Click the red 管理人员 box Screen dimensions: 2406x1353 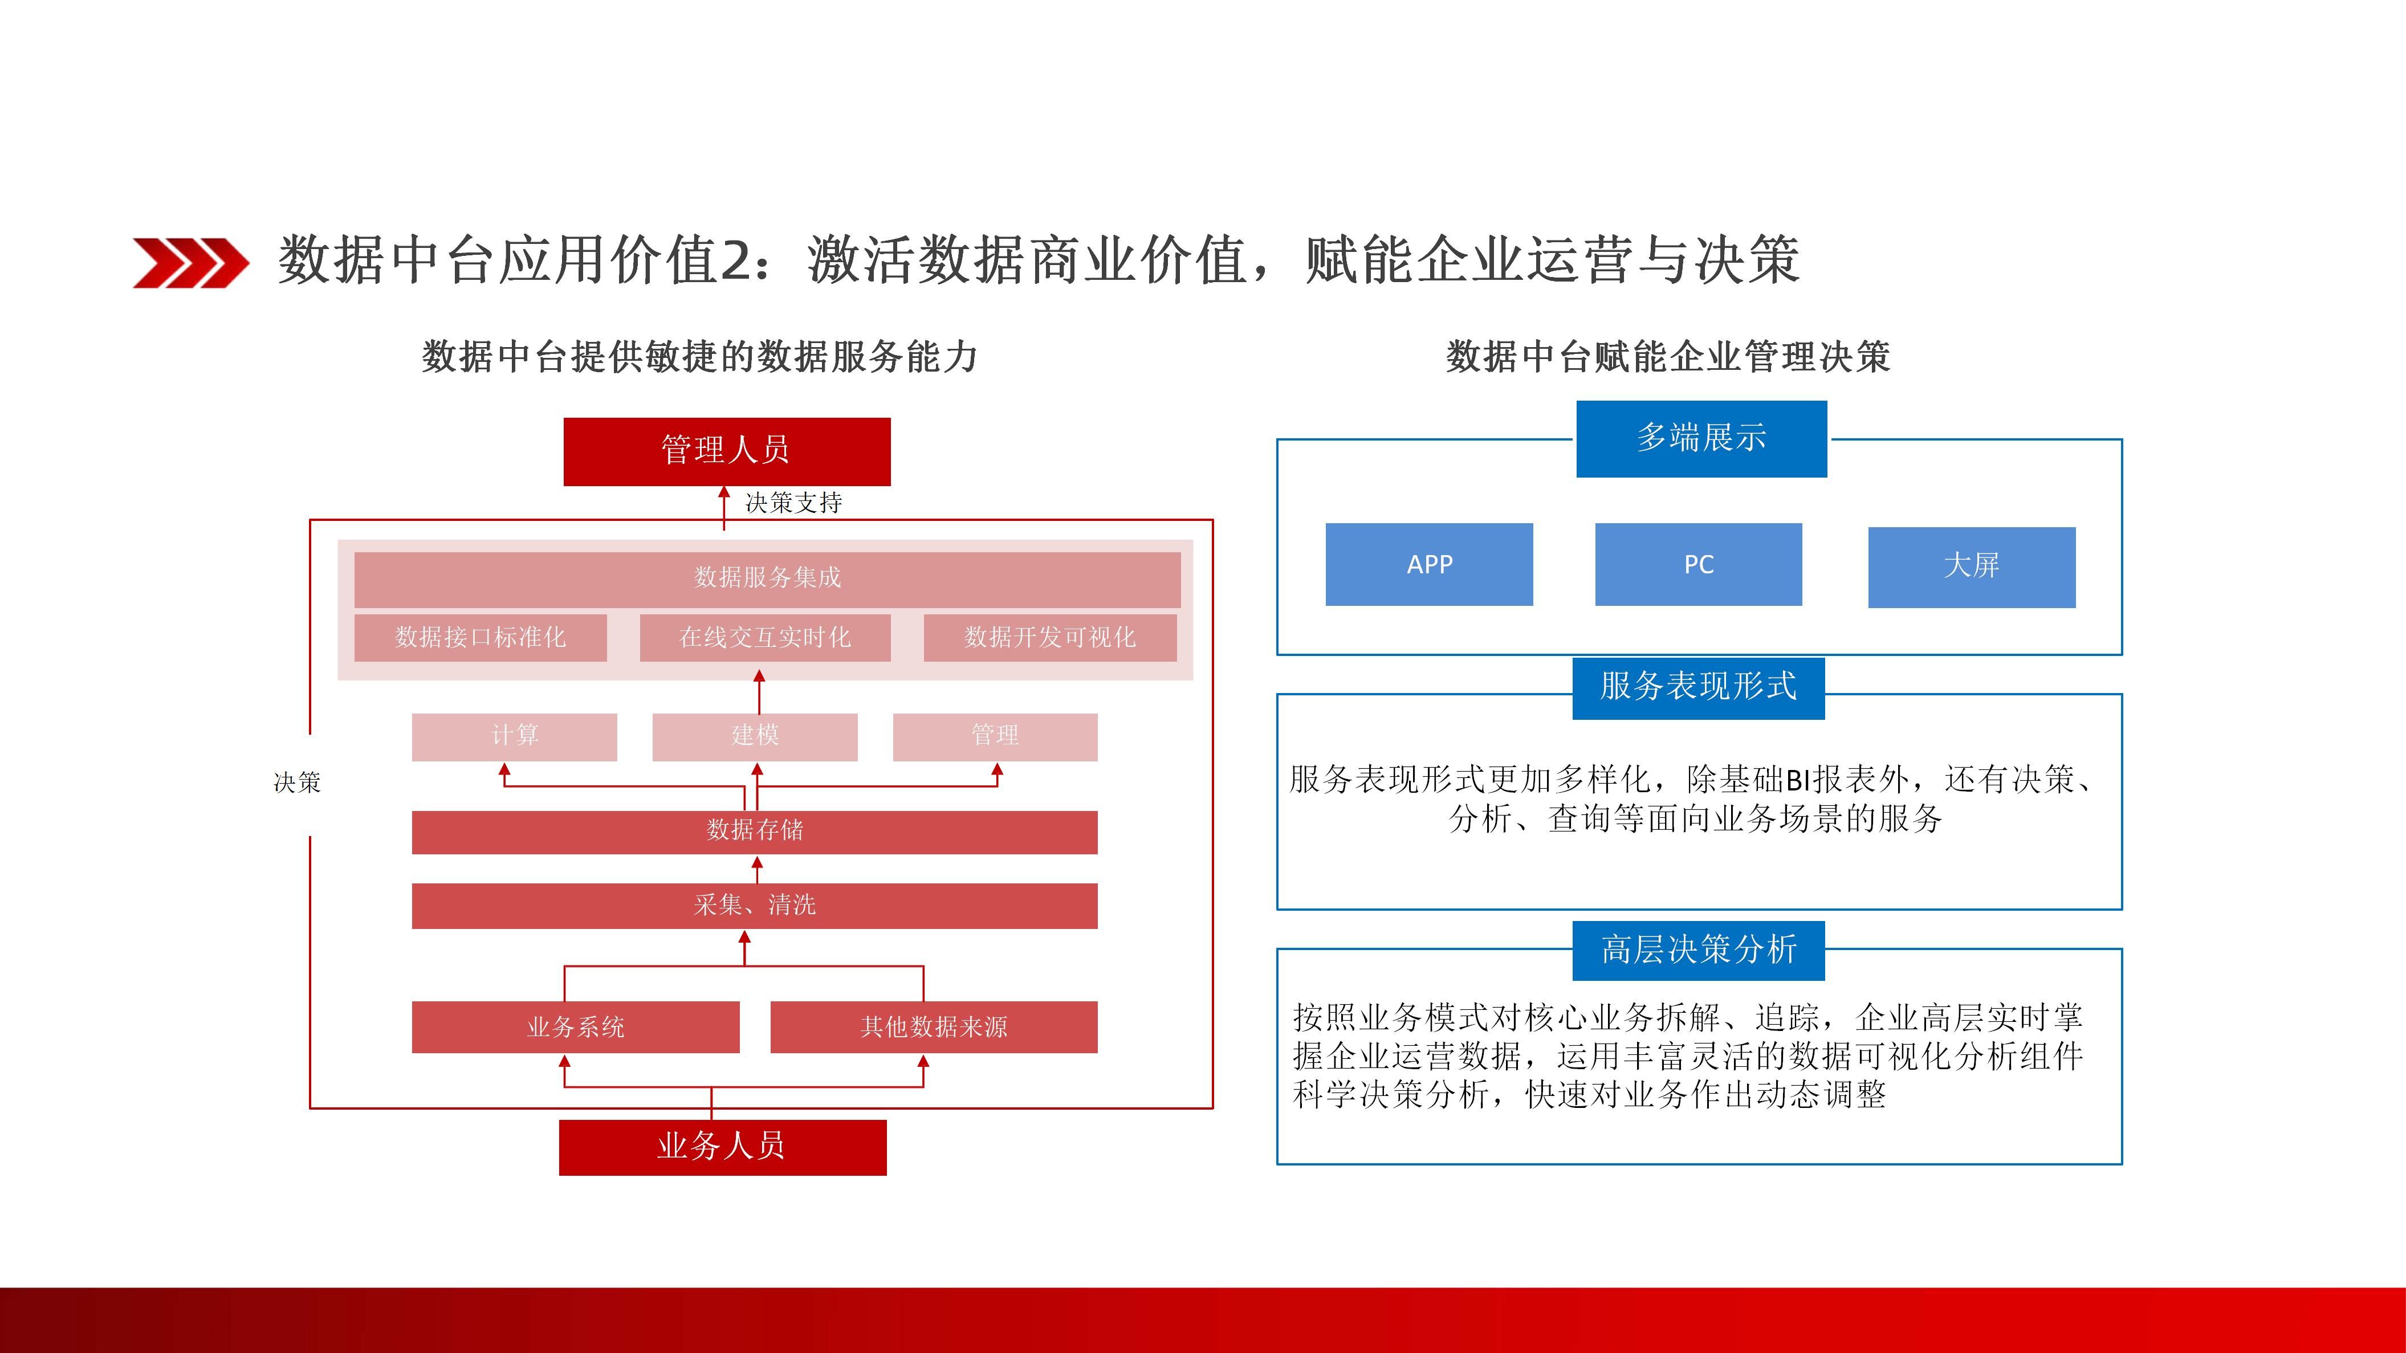[x=727, y=451]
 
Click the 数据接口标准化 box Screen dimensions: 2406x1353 [x=480, y=638]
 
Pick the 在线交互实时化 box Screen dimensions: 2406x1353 [x=765, y=638]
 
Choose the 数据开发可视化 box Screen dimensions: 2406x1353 [x=1050, y=638]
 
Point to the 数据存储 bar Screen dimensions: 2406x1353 [x=755, y=831]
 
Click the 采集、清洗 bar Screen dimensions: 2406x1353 [x=755, y=906]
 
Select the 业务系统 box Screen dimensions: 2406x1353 [x=575, y=1027]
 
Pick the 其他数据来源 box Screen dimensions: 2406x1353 [x=934, y=1027]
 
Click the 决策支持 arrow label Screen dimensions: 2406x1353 [x=793, y=503]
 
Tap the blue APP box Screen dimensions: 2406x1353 [x=1429, y=564]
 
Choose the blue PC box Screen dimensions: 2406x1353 [x=1698, y=564]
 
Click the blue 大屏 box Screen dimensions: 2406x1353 [x=1972, y=567]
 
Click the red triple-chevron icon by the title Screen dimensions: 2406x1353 [x=190, y=262]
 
